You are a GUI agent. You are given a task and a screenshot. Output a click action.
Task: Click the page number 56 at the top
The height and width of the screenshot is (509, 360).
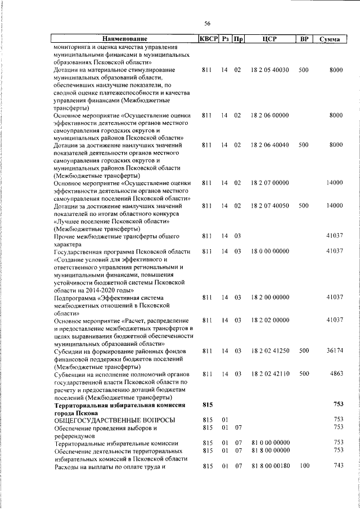207,23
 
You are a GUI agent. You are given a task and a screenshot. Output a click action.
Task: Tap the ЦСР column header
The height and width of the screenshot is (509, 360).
271,39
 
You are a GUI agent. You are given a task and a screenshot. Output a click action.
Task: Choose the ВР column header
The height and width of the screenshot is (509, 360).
304,39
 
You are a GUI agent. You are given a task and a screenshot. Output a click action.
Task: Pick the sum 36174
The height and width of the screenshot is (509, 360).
334,350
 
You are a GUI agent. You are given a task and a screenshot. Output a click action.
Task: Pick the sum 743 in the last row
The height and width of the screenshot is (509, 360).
337,466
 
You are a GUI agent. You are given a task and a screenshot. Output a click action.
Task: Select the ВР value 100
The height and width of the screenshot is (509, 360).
304,466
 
